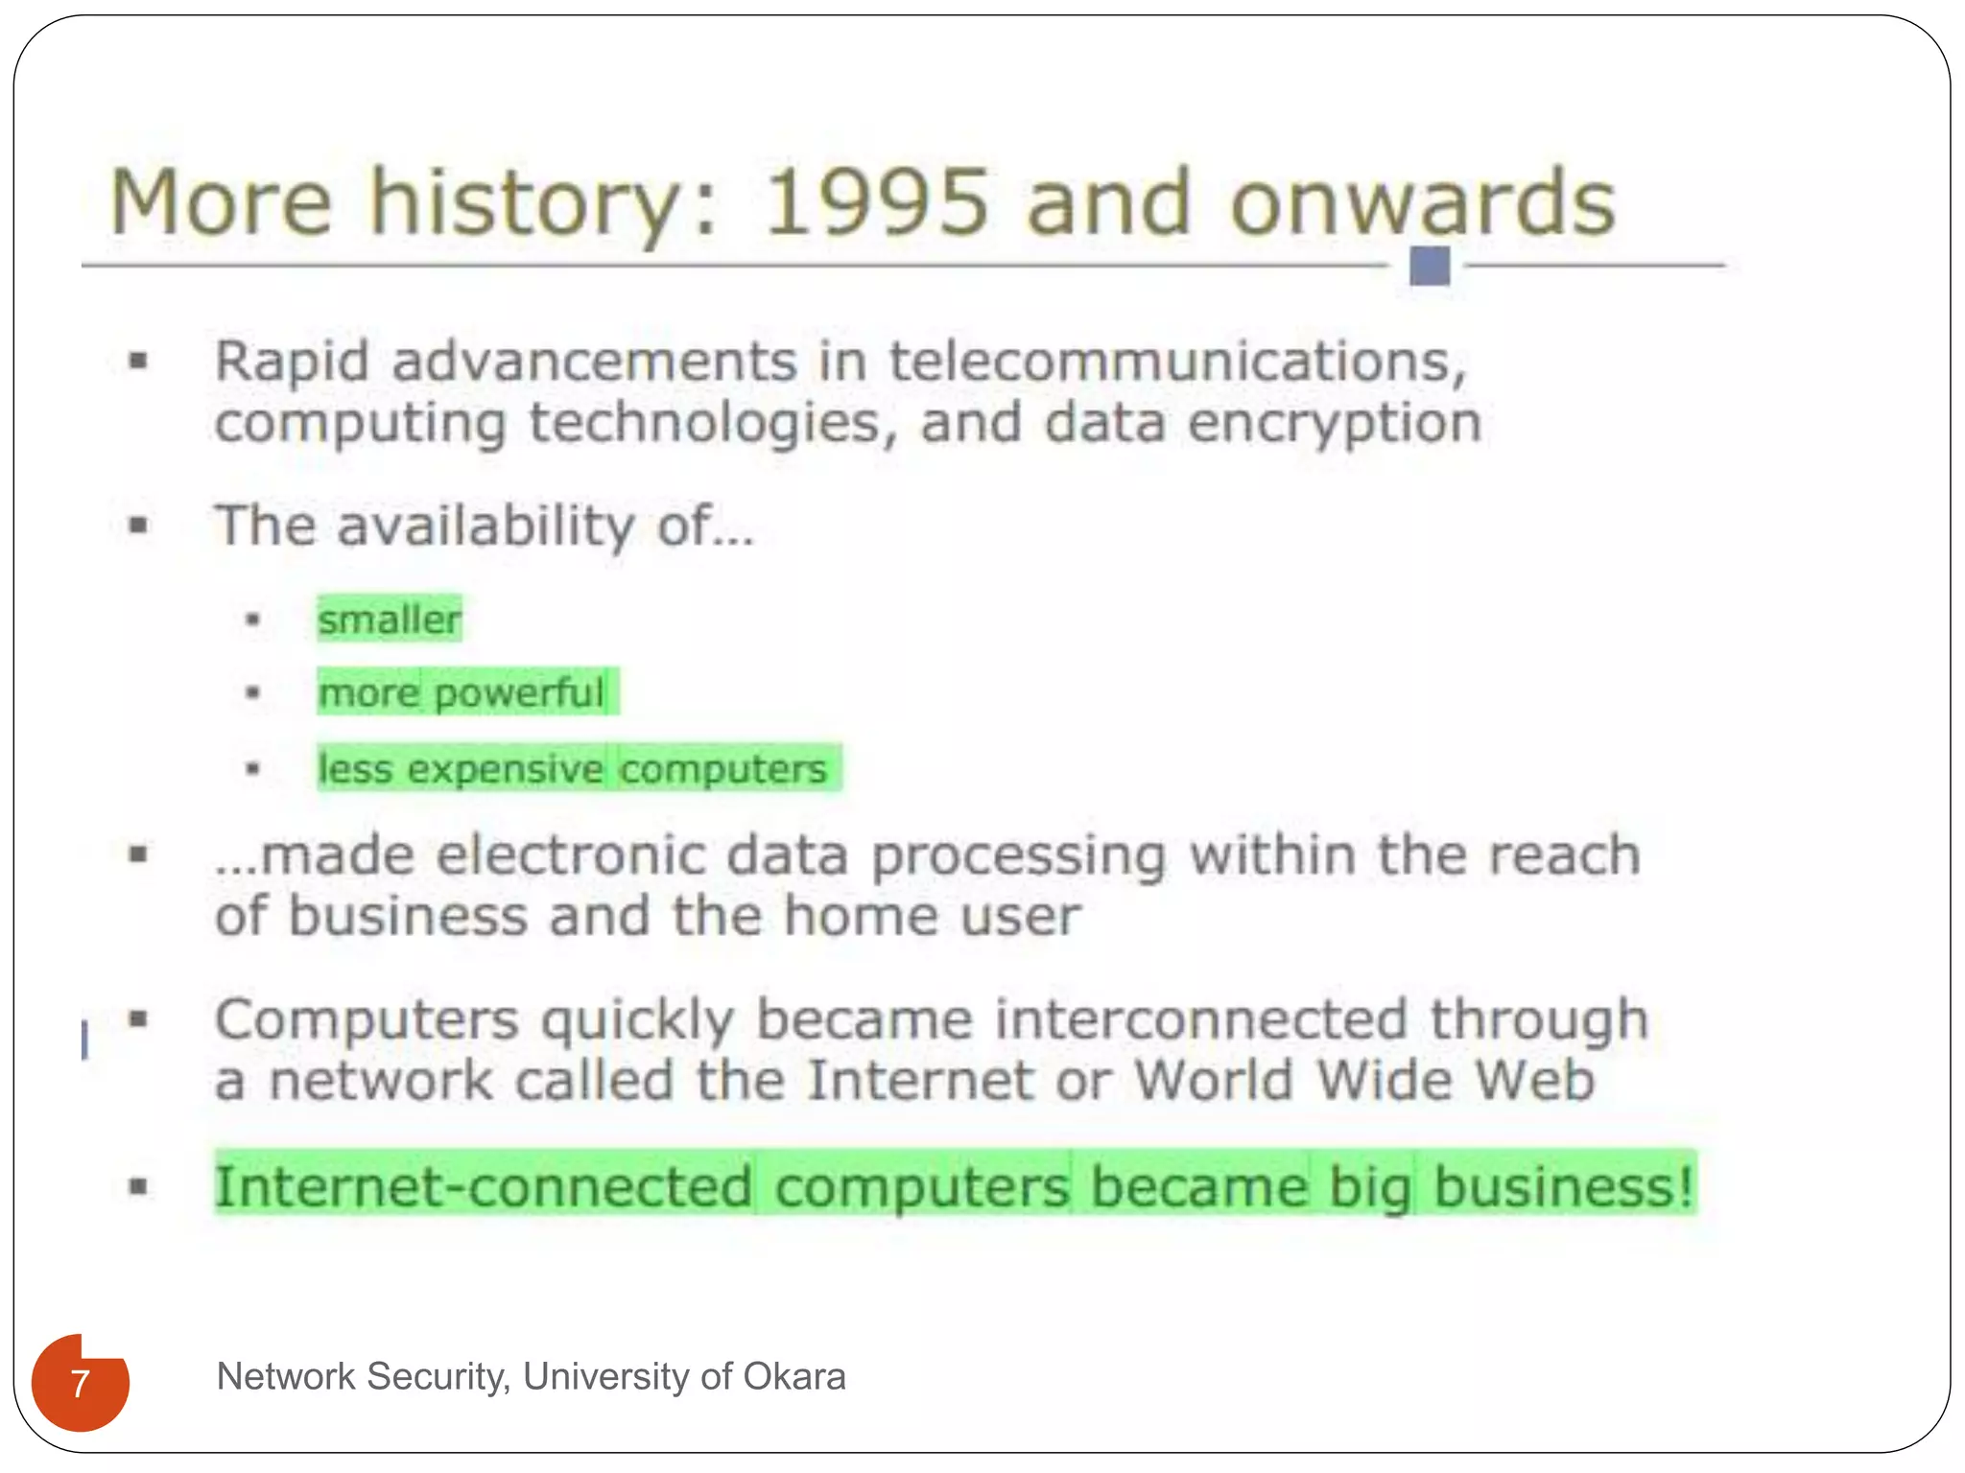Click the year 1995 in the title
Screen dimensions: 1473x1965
875,203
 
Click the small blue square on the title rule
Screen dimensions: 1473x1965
1429,266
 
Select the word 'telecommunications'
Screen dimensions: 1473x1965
1176,362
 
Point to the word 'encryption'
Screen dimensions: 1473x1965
1335,423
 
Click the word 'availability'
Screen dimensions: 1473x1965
485,526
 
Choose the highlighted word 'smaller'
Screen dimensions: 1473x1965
390,620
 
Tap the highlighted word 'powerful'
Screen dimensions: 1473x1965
519,692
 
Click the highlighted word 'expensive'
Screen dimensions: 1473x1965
506,769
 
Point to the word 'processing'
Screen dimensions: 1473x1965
1019,856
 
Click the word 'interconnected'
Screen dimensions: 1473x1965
1199,1018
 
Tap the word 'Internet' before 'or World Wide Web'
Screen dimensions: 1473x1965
920,1081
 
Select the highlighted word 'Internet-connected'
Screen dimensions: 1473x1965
483,1187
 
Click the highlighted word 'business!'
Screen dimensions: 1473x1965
1563,1187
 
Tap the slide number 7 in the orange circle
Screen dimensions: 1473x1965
81,1384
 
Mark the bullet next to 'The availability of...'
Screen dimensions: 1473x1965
140,526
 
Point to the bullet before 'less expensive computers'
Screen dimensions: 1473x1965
253,768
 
